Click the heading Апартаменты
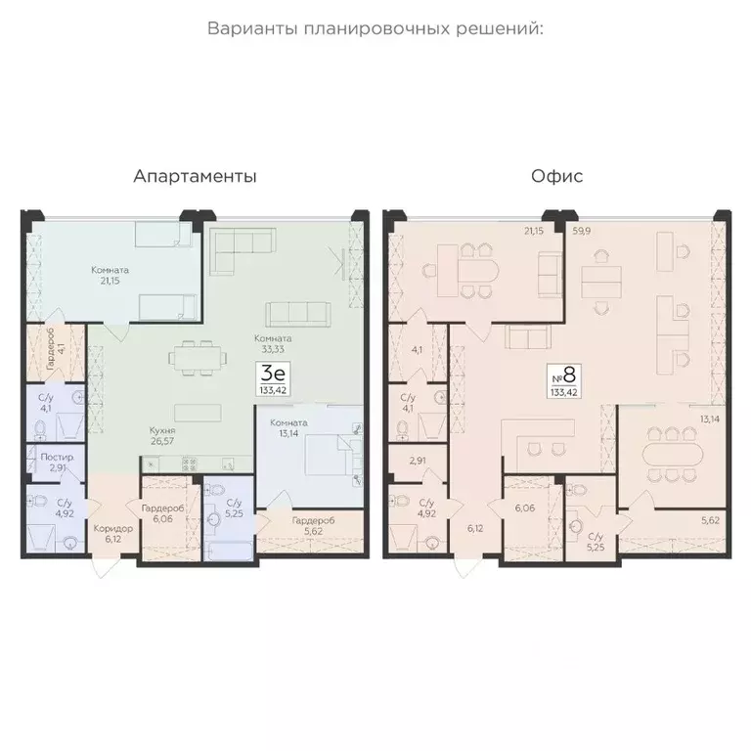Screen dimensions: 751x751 (x=195, y=176)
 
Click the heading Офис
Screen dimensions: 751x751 (x=557, y=176)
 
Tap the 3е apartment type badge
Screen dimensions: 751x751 (x=273, y=378)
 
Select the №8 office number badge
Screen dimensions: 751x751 (x=564, y=381)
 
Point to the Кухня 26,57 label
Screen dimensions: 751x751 (x=162, y=436)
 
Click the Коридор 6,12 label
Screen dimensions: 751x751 (x=113, y=534)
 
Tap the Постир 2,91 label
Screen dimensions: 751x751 (x=57, y=463)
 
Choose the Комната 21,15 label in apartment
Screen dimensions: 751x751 (x=110, y=276)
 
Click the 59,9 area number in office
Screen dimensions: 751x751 (x=582, y=231)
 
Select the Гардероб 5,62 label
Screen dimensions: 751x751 (x=313, y=525)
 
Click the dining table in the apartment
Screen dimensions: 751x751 (x=198, y=358)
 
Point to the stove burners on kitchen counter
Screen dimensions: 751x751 (x=189, y=464)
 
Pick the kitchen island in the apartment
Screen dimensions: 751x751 (x=198, y=413)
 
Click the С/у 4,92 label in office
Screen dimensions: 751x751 (x=426, y=508)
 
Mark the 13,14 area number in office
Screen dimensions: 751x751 (x=710, y=420)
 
